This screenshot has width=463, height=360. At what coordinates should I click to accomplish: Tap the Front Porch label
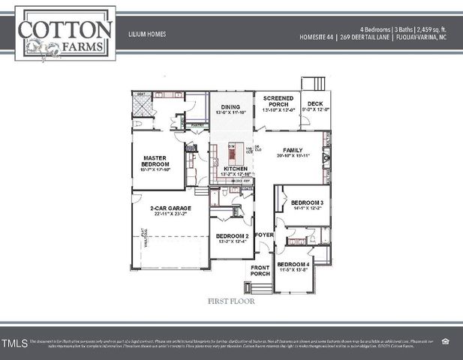(260, 271)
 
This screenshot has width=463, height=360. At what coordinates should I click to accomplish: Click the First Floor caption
(231, 301)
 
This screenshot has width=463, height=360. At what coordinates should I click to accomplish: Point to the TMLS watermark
(14, 344)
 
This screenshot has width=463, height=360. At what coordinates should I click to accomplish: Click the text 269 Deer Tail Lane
(372, 36)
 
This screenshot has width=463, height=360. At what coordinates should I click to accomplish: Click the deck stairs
(311, 83)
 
